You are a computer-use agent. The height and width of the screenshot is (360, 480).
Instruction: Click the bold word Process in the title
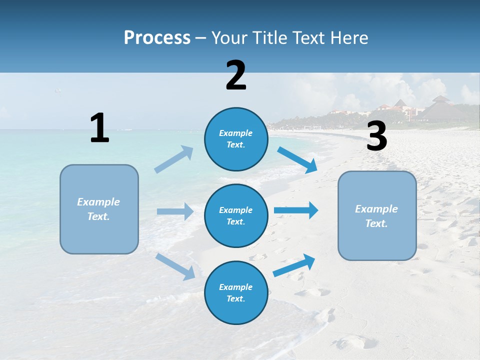pyautogui.click(x=157, y=38)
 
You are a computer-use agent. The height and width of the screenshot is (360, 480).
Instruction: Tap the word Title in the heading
pyautogui.click(x=269, y=38)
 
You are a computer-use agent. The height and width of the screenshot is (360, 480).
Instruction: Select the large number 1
pyautogui.click(x=99, y=128)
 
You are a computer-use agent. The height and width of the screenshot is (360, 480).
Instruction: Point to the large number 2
pyautogui.click(x=236, y=75)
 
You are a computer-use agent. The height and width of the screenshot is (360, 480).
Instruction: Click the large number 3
pyautogui.click(x=376, y=136)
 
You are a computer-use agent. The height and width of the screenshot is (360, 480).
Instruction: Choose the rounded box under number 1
pyautogui.click(x=99, y=209)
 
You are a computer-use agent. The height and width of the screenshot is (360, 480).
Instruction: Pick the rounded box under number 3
pyautogui.click(x=377, y=216)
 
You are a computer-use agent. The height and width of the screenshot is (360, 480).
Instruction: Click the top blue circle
pyautogui.click(x=236, y=139)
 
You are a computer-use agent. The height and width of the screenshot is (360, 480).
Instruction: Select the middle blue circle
pyautogui.click(x=236, y=215)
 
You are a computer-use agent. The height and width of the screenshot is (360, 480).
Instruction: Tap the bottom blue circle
pyautogui.click(x=236, y=292)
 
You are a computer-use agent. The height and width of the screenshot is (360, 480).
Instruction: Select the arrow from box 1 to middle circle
pyautogui.click(x=175, y=211)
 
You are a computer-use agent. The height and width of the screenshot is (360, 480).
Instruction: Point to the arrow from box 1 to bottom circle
pyautogui.click(x=175, y=266)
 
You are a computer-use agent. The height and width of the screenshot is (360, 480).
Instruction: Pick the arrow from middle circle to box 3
pyautogui.click(x=296, y=210)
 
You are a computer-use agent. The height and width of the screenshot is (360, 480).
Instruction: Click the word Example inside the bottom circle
pyautogui.click(x=235, y=287)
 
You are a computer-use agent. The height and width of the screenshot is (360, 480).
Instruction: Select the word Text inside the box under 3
pyautogui.click(x=375, y=223)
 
